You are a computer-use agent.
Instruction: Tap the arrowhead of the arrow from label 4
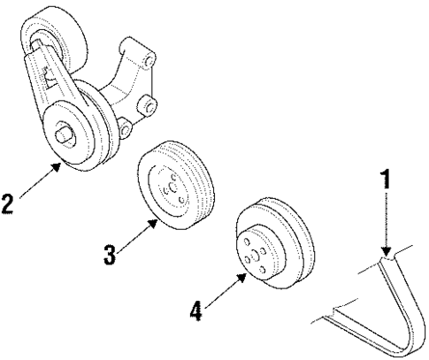click(247, 275)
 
